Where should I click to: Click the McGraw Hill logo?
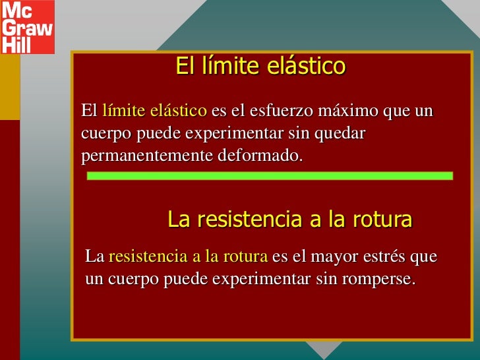tap(27, 27)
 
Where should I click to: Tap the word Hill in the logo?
tap(16, 44)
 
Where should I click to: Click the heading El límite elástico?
tap(260, 66)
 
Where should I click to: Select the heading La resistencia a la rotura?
tap(290, 220)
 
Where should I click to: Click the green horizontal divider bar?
tap(270, 176)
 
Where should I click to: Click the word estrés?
tap(378, 256)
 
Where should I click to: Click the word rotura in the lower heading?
tap(381, 220)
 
